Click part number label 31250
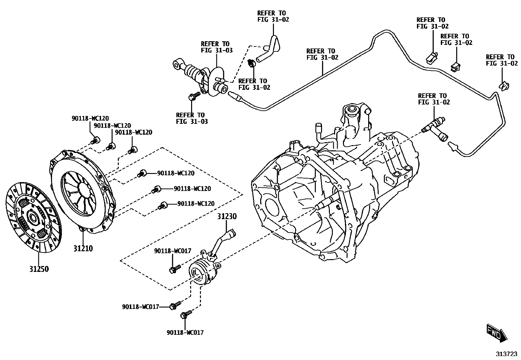(39, 269)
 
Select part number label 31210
(83, 249)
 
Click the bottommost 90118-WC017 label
(185, 332)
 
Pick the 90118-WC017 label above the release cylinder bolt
(172, 251)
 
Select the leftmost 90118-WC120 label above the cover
(90, 119)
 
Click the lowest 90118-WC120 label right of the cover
(196, 204)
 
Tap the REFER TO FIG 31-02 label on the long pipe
(322, 54)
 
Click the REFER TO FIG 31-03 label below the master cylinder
(191, 118)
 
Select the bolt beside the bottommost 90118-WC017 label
(184, 315)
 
